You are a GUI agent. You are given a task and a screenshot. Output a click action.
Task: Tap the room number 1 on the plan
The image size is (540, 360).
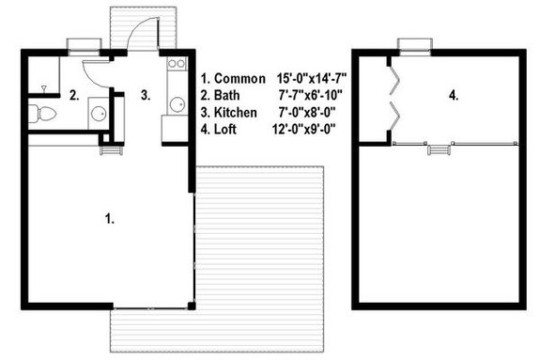pos(110,218)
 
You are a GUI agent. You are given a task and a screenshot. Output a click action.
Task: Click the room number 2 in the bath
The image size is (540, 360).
pos(72,94)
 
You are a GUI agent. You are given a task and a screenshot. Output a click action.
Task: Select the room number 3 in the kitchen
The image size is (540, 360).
pos(145,94)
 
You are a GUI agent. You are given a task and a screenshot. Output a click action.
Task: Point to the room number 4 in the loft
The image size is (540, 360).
pos(454,95)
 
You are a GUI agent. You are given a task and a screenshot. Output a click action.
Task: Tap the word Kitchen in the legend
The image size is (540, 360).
pos(235,111)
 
